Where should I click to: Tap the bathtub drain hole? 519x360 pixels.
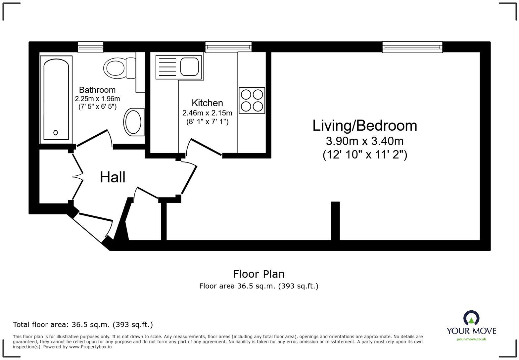(56, 133)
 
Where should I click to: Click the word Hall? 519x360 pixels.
(113, 177)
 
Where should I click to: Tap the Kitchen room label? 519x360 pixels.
(207, 103)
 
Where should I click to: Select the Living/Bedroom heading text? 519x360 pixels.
(365, 126)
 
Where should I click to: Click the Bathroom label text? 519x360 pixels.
(97, 90)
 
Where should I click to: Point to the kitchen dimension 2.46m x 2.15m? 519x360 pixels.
(207, 113)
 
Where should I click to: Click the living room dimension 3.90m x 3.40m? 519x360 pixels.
(365, 141)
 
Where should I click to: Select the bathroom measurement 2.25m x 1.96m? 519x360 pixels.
(97, 99)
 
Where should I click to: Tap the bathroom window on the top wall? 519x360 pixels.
(91, 47)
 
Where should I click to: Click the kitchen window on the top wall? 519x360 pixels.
(228, 47)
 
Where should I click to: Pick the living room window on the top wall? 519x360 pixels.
(412, 47)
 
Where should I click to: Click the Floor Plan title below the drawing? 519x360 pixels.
(259, 274)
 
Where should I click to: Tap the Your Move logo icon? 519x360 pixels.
(471, 318)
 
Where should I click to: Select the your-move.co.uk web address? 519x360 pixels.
(471, 339)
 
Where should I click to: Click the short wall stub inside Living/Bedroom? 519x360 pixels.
(335, 220)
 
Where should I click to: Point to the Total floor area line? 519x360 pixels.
(83, 325)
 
